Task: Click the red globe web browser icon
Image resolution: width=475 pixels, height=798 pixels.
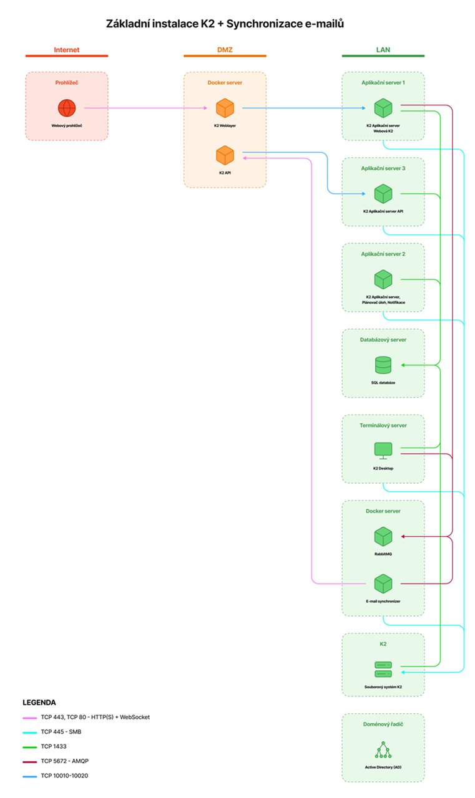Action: [67, 108]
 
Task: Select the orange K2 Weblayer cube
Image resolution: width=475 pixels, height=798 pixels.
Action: [225, 108]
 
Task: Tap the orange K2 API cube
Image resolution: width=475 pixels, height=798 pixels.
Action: [225, 155]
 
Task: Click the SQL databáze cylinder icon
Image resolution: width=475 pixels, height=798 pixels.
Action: [383, 365]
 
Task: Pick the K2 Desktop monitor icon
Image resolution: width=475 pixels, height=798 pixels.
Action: [383, 451]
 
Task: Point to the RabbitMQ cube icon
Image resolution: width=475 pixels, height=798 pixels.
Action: [383, 537]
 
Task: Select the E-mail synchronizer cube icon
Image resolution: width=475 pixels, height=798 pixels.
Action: [383, 584]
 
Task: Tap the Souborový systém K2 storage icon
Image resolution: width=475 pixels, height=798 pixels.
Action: [383, 670]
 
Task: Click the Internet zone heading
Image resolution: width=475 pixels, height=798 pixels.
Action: [67, 50]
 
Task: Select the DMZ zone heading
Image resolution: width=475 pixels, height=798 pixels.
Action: [225, 50]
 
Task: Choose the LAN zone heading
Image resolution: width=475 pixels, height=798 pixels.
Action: [383, 50]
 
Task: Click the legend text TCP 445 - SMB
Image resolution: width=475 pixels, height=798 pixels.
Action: [61, 732]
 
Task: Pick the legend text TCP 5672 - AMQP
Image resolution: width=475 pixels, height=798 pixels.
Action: [64, 761]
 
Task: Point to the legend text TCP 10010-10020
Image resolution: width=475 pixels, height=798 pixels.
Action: [64, 776]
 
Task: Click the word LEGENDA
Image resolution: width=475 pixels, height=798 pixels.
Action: [39, 703]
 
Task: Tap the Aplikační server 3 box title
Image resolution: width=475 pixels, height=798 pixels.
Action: [383, 168]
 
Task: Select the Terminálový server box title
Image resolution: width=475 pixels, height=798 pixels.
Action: [383, 425]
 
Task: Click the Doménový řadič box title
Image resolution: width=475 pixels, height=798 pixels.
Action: [383, 724]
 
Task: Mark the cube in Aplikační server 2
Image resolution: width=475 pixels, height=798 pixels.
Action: [383, 279]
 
